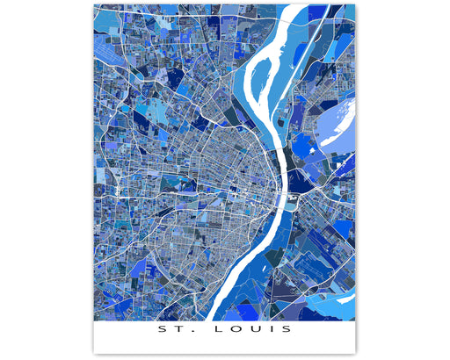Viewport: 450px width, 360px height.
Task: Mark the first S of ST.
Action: [161, 331]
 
